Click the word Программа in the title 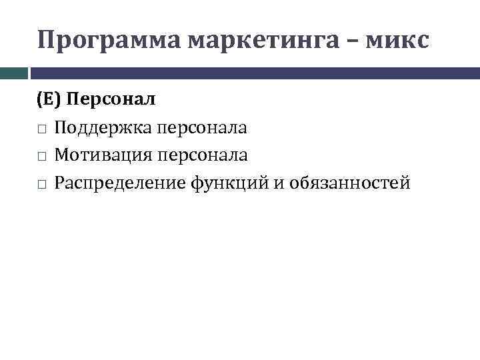pos(109,41)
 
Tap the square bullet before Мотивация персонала pos(41,156)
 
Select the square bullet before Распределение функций pos(41,183)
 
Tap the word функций pos(230,183)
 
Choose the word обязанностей pos(350,183)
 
